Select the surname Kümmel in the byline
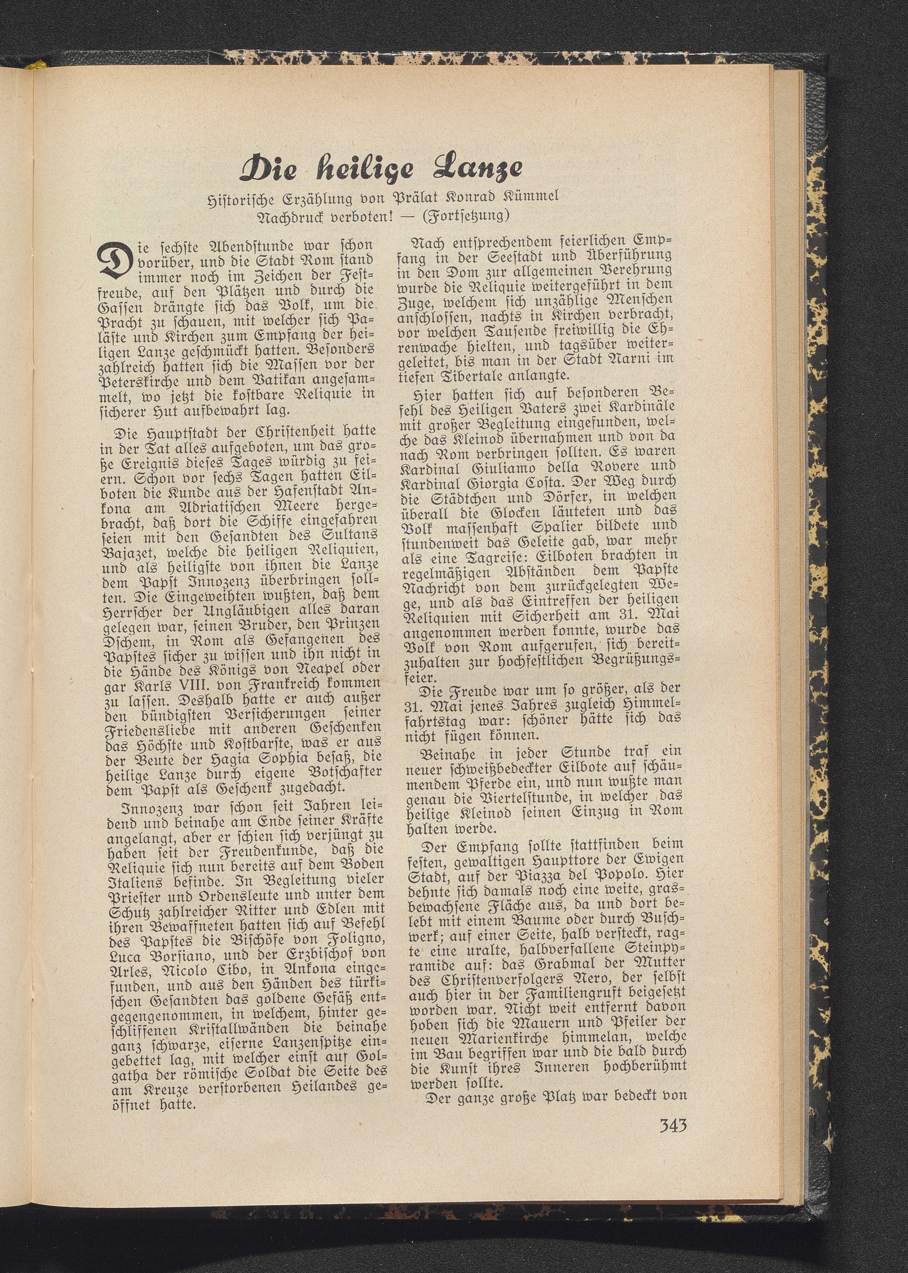[525, 197]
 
